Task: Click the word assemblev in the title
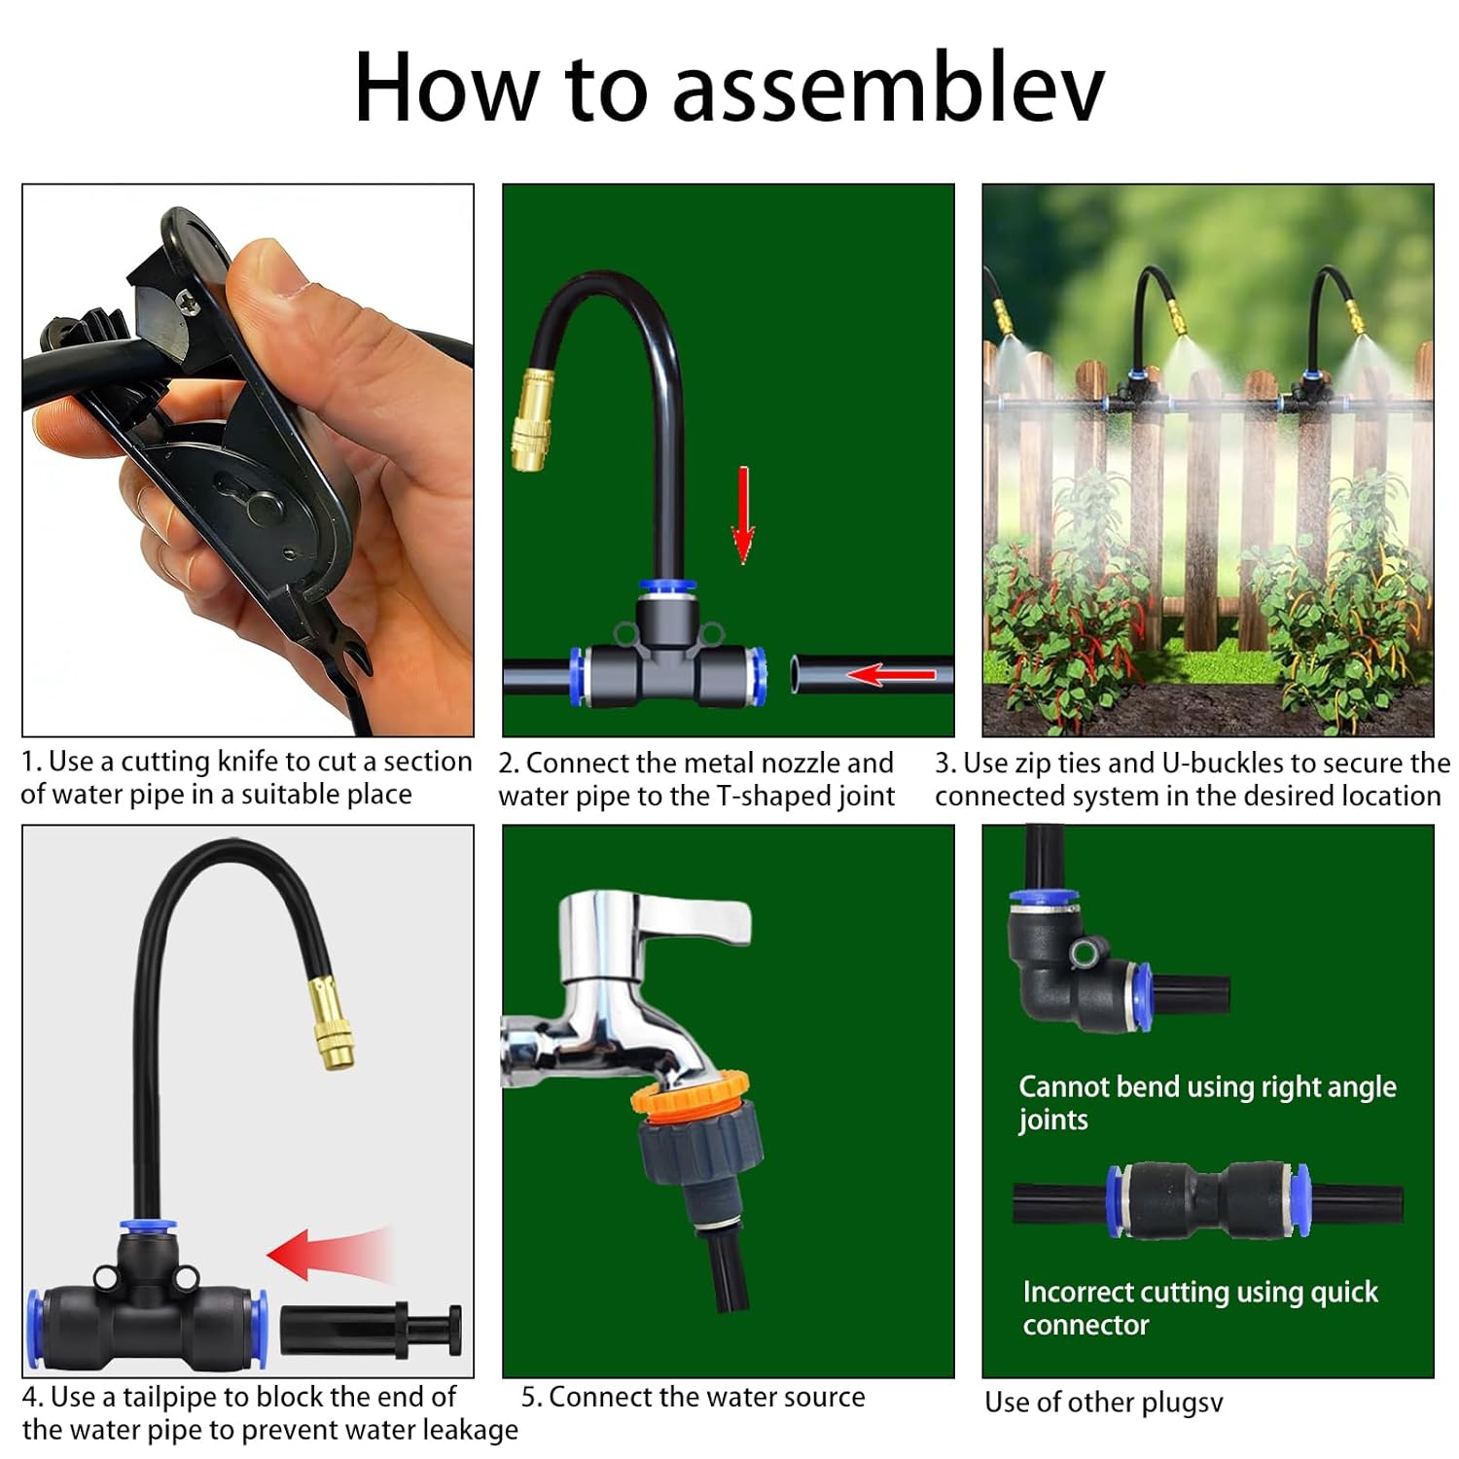(x=887, y=88)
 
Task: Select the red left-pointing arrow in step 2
(x=890, y=674)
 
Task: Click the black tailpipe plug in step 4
(x=371, y=1330)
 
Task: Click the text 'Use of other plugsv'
(x=1104, y=1403)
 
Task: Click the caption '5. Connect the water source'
(x=694, y=1397)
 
